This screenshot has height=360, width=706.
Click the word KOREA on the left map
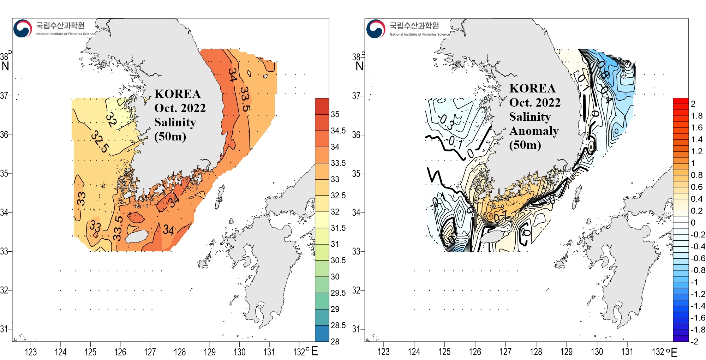click(x=178, y=94)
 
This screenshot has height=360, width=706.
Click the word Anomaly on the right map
click(x=534, y=131)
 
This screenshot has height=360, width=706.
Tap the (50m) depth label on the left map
click(x=170, y=136)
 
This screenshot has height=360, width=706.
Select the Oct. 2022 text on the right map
click(x=534, y=102)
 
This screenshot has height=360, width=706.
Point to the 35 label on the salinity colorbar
click(x=335, y=114)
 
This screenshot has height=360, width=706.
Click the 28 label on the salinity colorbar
click(x=335, y=341)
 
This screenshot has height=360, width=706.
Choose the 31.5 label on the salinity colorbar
click(x=338, y=228)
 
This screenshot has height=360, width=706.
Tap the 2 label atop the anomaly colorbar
click(x=693, y=104)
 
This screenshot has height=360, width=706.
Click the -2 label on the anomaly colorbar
click(x=694, y=341)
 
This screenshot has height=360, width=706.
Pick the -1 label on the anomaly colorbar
click(x=694, y=282)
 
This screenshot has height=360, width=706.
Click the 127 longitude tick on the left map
click(x=150, y=352)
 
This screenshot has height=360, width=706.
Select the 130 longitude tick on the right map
click(x=597, y=352)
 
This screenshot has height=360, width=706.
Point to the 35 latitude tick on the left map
click(x=4, y=173)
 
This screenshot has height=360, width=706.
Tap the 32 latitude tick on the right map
click(x=356, y=290)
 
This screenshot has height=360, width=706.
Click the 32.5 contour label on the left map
click(x=100, y=142)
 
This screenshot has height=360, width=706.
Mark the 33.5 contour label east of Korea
click(x=245, y=99)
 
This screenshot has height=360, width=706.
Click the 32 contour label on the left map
click(x=112, y=119)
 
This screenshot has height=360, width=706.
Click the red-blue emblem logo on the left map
click(x=23, y=29)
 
